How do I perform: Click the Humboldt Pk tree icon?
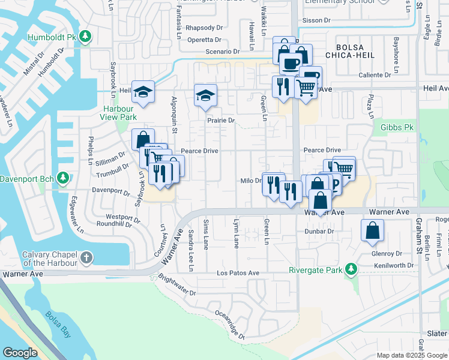pos(86,37)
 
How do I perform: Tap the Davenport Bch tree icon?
pos(62,178)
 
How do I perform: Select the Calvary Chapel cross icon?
pos(87,259)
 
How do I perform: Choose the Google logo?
pos(20,352)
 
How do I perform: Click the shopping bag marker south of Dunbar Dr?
pos(373,230)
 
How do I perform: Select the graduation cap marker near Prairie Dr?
pos(205,95)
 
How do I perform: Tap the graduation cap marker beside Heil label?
pos(143,92)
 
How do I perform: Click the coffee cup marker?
pos(291,62)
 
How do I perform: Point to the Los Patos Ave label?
pos(238,273)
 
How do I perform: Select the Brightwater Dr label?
pos(177,285)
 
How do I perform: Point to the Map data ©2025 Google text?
pos(412,355)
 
